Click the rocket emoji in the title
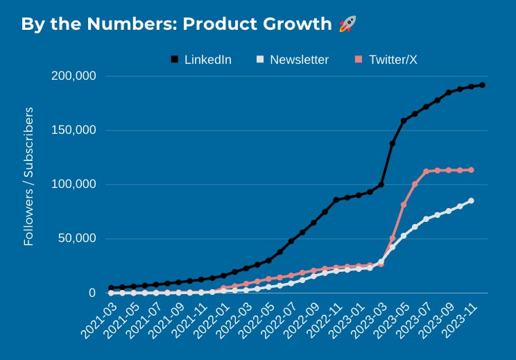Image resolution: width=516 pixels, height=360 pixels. pos(347,24)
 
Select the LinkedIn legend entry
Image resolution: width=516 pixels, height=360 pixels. pos(207,60)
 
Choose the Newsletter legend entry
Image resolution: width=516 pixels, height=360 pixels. pos(299,60)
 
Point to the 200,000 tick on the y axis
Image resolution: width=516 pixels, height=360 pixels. pos(74,76)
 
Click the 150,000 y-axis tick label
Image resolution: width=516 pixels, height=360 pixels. pos(74,130)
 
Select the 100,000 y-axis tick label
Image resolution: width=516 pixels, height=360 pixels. pos(74,184)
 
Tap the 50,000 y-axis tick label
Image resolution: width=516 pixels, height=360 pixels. pos(76,238)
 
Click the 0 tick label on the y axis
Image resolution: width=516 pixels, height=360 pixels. pos(92,293)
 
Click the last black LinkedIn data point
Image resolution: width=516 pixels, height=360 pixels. pos(482,85)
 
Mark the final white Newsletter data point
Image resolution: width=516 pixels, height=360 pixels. pos(471,200)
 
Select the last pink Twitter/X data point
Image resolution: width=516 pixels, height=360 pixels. pos(471,170)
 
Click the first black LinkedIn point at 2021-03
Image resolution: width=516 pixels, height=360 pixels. pos(111,287)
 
